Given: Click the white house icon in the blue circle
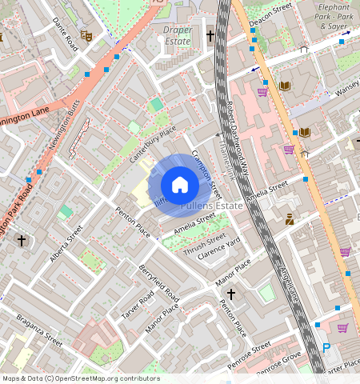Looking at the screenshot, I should [180, 185].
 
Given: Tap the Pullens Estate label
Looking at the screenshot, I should [211, 206].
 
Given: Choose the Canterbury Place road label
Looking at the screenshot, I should [153, 144].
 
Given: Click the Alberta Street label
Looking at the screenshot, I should [68, 243].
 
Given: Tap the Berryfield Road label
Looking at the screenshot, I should [160, 283].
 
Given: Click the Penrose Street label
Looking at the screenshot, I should [250, 350].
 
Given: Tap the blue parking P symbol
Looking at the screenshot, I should [326, 348].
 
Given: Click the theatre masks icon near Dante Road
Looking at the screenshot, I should [86, 36].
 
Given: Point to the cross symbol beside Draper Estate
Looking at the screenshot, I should [210, 36].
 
